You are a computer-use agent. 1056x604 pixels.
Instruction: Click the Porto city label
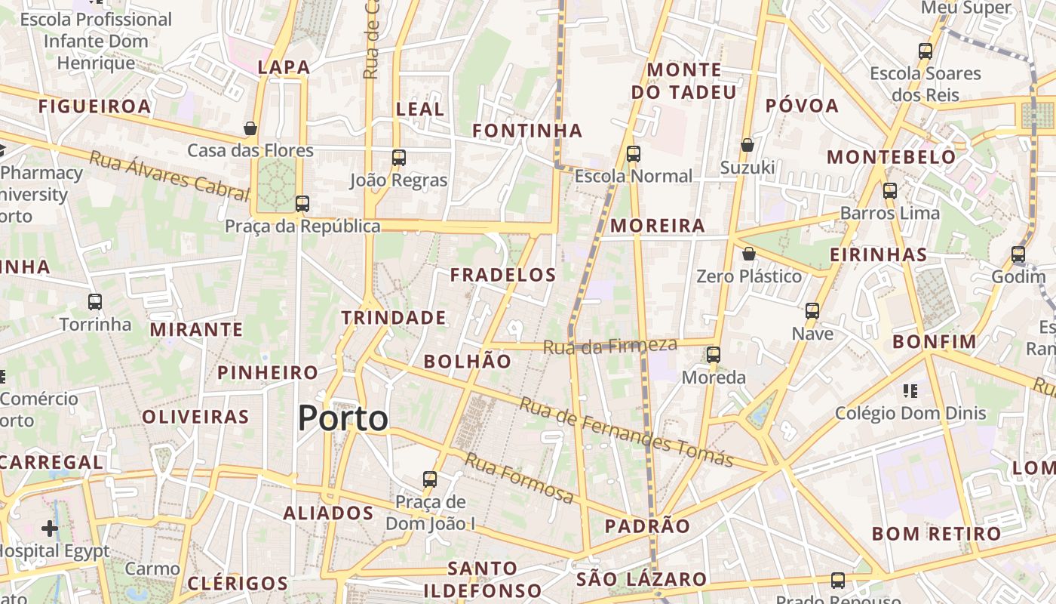pos(343,418)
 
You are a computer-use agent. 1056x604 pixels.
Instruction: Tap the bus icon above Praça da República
pos(302,204)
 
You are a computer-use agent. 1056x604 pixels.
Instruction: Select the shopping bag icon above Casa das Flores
pos(250,128)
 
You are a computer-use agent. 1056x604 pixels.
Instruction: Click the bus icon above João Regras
pos(399,158)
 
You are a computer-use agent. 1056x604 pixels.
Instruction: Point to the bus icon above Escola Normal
pos(634,154)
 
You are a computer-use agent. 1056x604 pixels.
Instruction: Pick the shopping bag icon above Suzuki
pos(747,145)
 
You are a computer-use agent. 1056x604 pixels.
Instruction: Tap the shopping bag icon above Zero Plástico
pos(749,254)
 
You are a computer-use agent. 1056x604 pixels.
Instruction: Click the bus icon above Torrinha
pos(95,302)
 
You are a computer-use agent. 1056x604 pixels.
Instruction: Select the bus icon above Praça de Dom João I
pos(430,479)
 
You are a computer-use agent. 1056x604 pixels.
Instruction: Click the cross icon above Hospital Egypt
pos(50,528)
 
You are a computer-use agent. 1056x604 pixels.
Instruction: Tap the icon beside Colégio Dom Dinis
pos(910,391)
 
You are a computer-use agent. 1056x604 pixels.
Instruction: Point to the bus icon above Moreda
pos(714,355)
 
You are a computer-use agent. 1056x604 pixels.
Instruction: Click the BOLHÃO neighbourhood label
pos(468,362)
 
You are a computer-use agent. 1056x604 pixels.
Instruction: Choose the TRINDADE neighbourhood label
pos(394,318)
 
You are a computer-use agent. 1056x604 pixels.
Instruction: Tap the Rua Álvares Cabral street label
pos(169,176)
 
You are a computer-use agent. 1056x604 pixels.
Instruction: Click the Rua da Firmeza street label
pos(611,346)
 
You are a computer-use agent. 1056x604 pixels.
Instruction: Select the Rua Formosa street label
pos(519,478)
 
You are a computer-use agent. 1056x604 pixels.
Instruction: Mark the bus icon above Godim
pos(1018,254)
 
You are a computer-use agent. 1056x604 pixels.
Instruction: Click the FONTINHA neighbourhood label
pos(527,131)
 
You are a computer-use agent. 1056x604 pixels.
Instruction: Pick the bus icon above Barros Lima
pos(890,191)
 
